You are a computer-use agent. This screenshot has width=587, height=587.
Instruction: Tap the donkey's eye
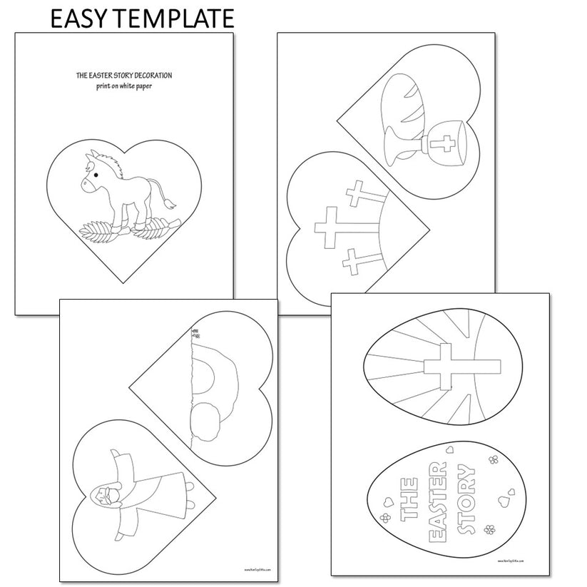(96, 173)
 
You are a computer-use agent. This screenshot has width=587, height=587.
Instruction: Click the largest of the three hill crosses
(330, 226)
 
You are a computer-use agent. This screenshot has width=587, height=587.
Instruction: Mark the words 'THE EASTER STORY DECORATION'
(124, 74)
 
